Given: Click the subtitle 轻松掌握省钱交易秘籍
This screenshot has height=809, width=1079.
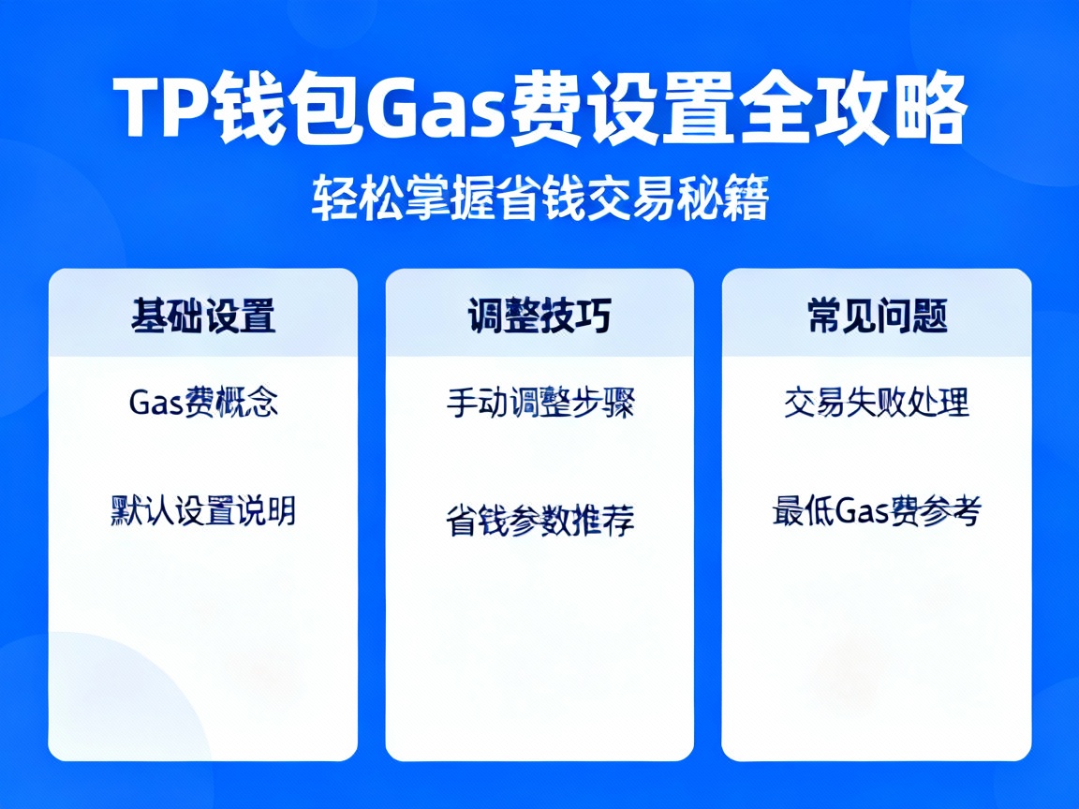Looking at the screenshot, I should [x=539, y=199].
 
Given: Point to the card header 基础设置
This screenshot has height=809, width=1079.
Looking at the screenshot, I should [x=203, y=316].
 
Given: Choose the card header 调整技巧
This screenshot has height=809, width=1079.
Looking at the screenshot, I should [x=539, y=316].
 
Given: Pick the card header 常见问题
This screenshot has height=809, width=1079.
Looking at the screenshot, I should [x=877, y=316].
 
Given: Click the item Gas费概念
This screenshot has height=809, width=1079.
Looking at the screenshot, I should [x=203, y=403].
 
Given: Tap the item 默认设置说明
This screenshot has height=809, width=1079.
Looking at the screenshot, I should [x=203, y=511].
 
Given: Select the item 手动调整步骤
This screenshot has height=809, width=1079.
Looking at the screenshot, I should [x=540, y=404].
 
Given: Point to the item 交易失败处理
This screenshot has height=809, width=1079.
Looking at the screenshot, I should [x=877, y=403].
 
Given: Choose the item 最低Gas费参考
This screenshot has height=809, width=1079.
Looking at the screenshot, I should [x=877, y=512].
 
